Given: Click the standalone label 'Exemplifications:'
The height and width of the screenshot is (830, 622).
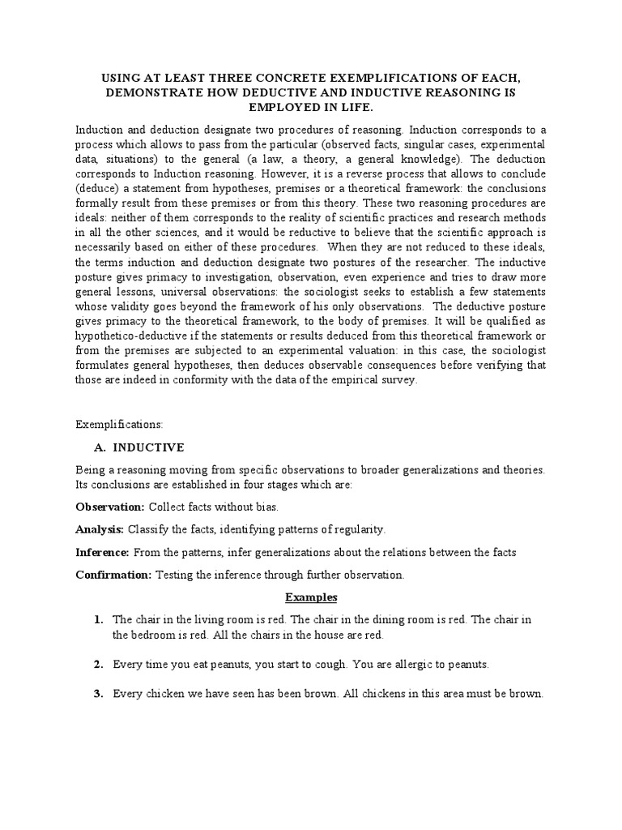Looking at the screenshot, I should tap(119, 424).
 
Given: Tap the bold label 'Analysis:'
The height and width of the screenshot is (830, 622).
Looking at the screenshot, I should tap(100, 529).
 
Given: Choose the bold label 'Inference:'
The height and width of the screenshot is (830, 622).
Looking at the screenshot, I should tap(102, 552).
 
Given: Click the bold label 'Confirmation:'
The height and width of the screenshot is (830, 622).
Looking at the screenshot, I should tap(113, 575).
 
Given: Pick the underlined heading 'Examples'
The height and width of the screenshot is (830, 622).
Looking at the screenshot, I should tap(310, 597).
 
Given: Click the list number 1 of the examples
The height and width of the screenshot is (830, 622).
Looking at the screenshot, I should tap(97, 619).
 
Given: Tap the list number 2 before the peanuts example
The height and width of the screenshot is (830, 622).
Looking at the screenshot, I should tap(97, 665).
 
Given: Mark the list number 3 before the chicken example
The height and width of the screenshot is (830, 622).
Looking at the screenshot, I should tap(97, 695).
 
